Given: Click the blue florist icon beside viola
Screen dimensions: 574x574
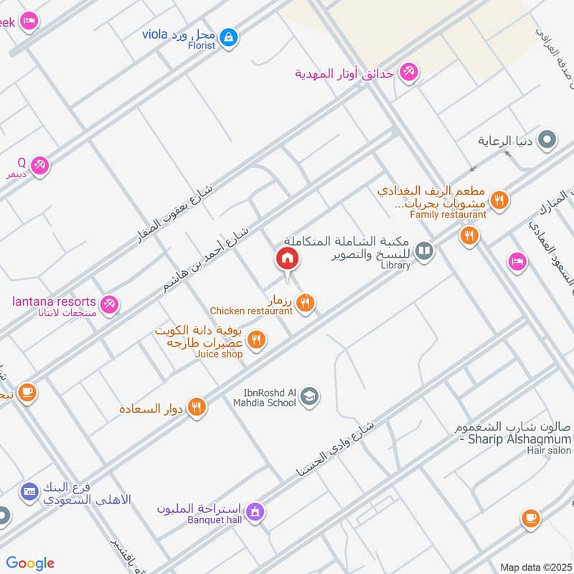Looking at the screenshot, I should (x=228, y=36).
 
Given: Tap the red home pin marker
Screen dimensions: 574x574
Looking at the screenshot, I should (x=288, y=259).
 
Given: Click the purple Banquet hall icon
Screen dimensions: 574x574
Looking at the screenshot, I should (x=253, y=512).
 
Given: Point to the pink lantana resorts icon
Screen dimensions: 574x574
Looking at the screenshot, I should (x=109, y=305).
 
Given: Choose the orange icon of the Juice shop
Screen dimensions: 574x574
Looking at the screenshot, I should (x=258, y=339).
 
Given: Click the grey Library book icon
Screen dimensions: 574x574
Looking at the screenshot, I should (x=425, y=250).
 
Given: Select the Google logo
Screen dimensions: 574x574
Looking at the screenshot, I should (x=30, y=563).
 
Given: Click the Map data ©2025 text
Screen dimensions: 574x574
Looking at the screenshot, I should (x=535, y=567).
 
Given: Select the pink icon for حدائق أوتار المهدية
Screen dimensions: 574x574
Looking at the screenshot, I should (x=409, y=72).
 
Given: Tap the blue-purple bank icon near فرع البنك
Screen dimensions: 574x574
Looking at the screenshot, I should (x=29, y=491).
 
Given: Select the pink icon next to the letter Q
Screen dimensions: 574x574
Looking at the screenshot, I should (x=40, y=165).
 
